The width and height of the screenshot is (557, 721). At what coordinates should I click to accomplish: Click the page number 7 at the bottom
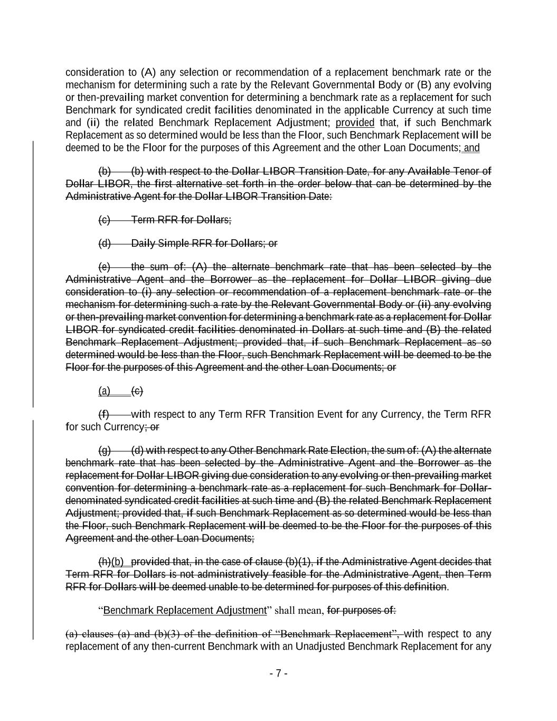279,673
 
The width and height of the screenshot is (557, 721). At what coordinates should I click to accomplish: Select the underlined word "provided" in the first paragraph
355,123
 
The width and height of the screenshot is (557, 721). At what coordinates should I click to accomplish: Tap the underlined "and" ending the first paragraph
471,148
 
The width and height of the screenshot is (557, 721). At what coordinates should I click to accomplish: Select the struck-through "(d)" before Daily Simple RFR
105,244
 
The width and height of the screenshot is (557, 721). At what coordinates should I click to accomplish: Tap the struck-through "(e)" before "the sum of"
105,267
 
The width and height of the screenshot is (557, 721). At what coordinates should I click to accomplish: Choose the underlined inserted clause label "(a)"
105,391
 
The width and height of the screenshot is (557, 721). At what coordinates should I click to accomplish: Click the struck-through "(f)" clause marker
104,414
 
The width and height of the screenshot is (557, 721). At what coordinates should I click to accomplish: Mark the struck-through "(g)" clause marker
105,451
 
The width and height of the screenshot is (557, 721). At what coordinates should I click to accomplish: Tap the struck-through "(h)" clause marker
105,561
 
